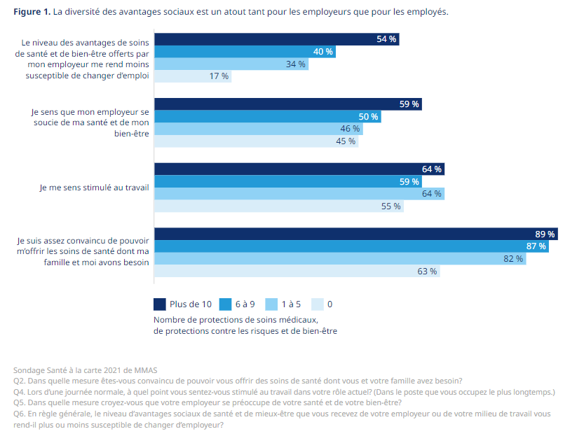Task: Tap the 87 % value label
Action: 536,246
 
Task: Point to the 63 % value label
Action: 427,272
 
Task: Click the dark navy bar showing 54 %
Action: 276,39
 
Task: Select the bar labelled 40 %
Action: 245,52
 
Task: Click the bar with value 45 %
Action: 256,141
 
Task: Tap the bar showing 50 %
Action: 268,116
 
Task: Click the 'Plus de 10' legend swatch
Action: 160,304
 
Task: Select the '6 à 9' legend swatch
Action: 225,304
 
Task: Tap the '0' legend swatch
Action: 317,304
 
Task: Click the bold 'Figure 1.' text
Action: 32,13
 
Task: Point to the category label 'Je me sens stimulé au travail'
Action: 94,188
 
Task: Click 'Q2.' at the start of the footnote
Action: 20,381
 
